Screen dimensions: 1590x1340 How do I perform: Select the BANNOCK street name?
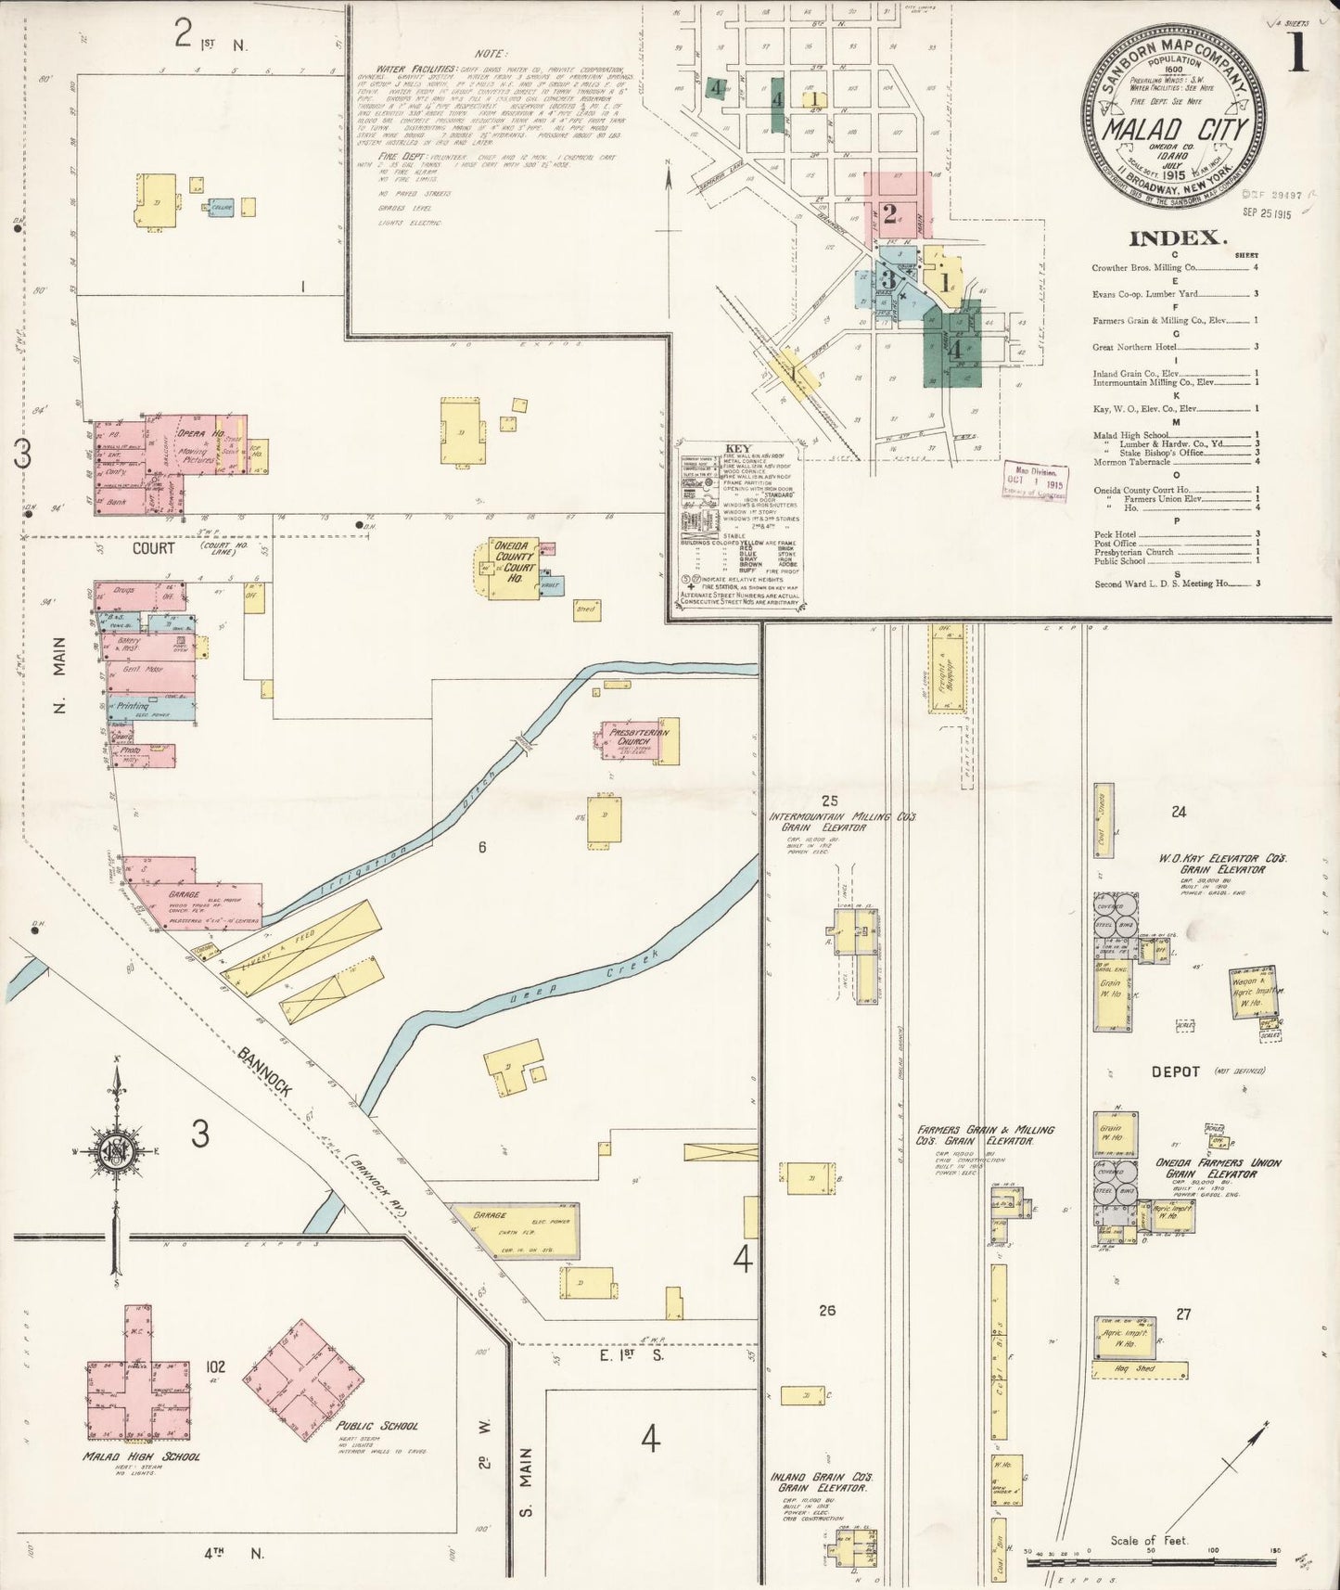tap(265, 1072)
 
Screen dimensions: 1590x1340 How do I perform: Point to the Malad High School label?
tap(141, 1456)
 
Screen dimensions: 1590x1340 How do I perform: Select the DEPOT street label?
tap(1175, 1071)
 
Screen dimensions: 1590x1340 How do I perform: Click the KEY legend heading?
tap(738, 448)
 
